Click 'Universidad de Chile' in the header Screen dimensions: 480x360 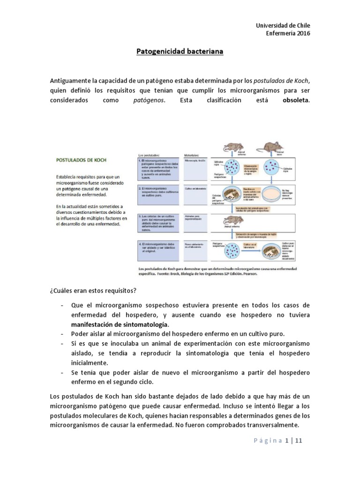click(285, 25)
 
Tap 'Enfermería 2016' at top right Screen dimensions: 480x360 click(288, 33)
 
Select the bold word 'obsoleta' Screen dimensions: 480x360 click(296, 100)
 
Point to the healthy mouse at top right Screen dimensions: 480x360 click(273, 147)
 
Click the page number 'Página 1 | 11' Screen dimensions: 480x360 click(280, 441)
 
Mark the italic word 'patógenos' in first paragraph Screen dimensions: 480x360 click(150, 100)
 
